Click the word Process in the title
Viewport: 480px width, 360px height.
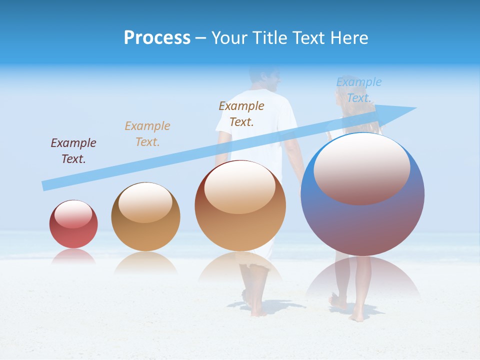[157, 37]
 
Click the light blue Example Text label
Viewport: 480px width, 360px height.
[358, 89]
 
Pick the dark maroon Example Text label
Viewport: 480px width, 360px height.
[73, 150]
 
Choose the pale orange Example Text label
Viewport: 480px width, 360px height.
[147, 133]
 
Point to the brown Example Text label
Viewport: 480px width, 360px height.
[241, 113]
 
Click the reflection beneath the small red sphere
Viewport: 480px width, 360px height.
[73, 255]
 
